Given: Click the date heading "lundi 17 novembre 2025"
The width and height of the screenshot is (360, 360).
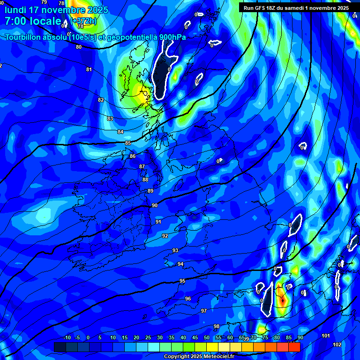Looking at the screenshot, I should (x=56, y=10).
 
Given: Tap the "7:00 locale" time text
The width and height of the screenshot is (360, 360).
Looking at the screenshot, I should (x=33, y=21).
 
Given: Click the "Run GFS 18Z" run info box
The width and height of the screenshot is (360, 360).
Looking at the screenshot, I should (x=296, y=8).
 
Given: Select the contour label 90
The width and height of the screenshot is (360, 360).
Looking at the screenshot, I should (x=155, y=206).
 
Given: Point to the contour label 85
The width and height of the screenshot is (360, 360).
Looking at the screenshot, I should (x=128, y=143).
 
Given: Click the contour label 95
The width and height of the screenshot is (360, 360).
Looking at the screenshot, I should (x=182, y=281).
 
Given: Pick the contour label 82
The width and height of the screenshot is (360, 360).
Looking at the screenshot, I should (x=101, y=100).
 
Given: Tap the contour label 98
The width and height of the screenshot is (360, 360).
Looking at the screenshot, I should (x=217, y=326).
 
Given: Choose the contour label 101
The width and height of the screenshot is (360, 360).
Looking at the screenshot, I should (x=326, y=336).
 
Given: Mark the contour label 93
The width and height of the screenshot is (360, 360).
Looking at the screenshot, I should (x=175, y=251).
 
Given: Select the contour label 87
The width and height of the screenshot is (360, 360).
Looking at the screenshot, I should (x=142, y=167).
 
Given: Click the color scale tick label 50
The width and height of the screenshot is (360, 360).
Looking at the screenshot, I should (x=207, y=338).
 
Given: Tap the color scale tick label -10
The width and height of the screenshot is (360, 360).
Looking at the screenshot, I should (x=67, y=338).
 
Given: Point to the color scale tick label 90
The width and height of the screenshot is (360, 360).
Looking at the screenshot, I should (x=300, y=338).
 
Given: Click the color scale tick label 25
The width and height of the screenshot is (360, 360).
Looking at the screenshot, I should (x=148, y=338).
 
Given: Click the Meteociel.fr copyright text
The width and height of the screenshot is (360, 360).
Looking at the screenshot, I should (x=199, y=356).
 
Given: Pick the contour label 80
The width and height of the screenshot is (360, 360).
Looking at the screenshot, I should (x=78, y=47).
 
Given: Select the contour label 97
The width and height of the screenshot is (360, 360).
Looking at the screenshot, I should (x=204, y=311).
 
